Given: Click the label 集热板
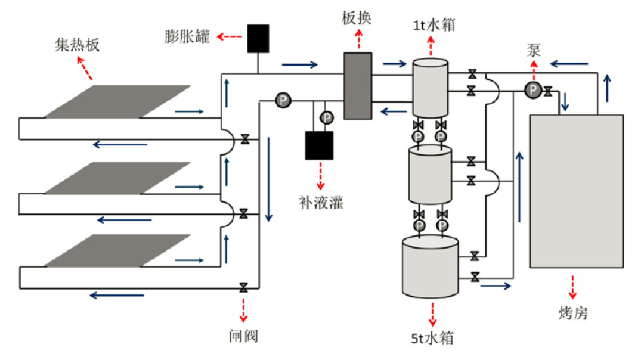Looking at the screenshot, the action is [x=77, y=45].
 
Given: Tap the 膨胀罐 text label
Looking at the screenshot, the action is [x=187, y=36].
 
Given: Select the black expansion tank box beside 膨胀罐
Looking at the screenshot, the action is [x=258, y=39].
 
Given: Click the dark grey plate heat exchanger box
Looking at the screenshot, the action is [x=358, y=86].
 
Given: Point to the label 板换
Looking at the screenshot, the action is [x=357, y=18].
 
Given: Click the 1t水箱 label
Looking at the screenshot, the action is [x=434, y=26].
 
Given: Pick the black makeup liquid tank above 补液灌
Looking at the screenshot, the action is [x=319, y=145].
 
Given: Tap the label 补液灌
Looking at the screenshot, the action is [x=321, y=203].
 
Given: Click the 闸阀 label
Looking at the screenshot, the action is [x=243, y=336].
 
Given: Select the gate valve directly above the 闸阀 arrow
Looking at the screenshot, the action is [x=243, y=287].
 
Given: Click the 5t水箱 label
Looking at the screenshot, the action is [x=432, y=338].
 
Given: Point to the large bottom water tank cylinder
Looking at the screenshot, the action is [x=431, y=266].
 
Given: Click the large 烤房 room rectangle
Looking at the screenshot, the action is [x=576, y=191].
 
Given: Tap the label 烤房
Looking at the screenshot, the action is [x=573, y=313].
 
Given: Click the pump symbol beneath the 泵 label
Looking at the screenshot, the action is [x=532, y=90].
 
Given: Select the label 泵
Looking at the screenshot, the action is [x=534, y=51].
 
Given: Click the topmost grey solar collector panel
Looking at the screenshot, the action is [x=117, y=101].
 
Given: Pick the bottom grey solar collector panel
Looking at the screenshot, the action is [x=117, y=250].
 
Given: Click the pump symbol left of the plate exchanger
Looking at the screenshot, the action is [x=283, y=100].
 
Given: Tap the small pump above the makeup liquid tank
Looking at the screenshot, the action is [x=327, y=118].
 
